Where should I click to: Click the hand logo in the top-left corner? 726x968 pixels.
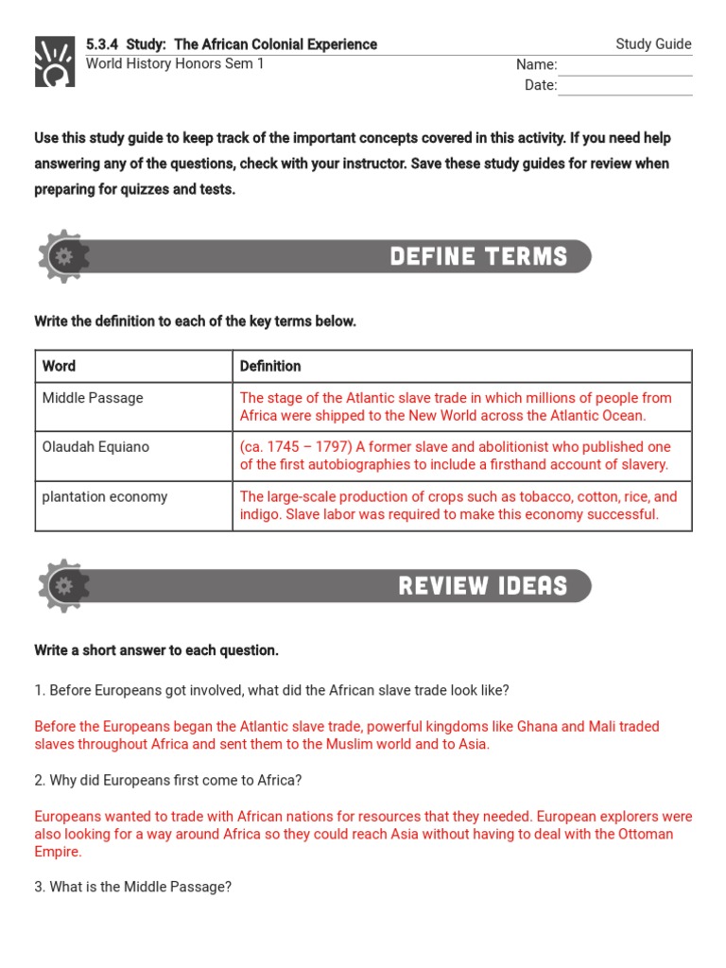coord(54,62)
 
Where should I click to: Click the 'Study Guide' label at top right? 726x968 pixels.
coord(653,44)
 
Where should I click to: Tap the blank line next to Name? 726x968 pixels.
coord(624,66)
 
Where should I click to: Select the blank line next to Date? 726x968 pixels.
coord(624,86)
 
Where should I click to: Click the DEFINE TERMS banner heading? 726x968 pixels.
coord(478,257)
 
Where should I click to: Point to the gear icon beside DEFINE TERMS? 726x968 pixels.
coord(63,256)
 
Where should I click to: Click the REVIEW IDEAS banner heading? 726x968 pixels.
coord(482,586)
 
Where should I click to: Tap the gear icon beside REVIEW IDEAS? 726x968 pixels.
coord(63,586)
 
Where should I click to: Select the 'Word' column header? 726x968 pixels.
coord(59,366)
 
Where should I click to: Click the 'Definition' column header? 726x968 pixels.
coord(270,366)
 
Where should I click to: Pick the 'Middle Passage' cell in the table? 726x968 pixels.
coord(93,398)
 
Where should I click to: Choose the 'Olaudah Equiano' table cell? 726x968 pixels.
coord(95,447)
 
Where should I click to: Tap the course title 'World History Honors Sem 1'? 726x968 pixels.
coord(175,64)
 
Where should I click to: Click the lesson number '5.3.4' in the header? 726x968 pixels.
coord(104,44)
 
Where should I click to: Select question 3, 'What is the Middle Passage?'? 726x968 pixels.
coord(132,888)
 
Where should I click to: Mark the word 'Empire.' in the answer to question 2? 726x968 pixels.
coord(58,852)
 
